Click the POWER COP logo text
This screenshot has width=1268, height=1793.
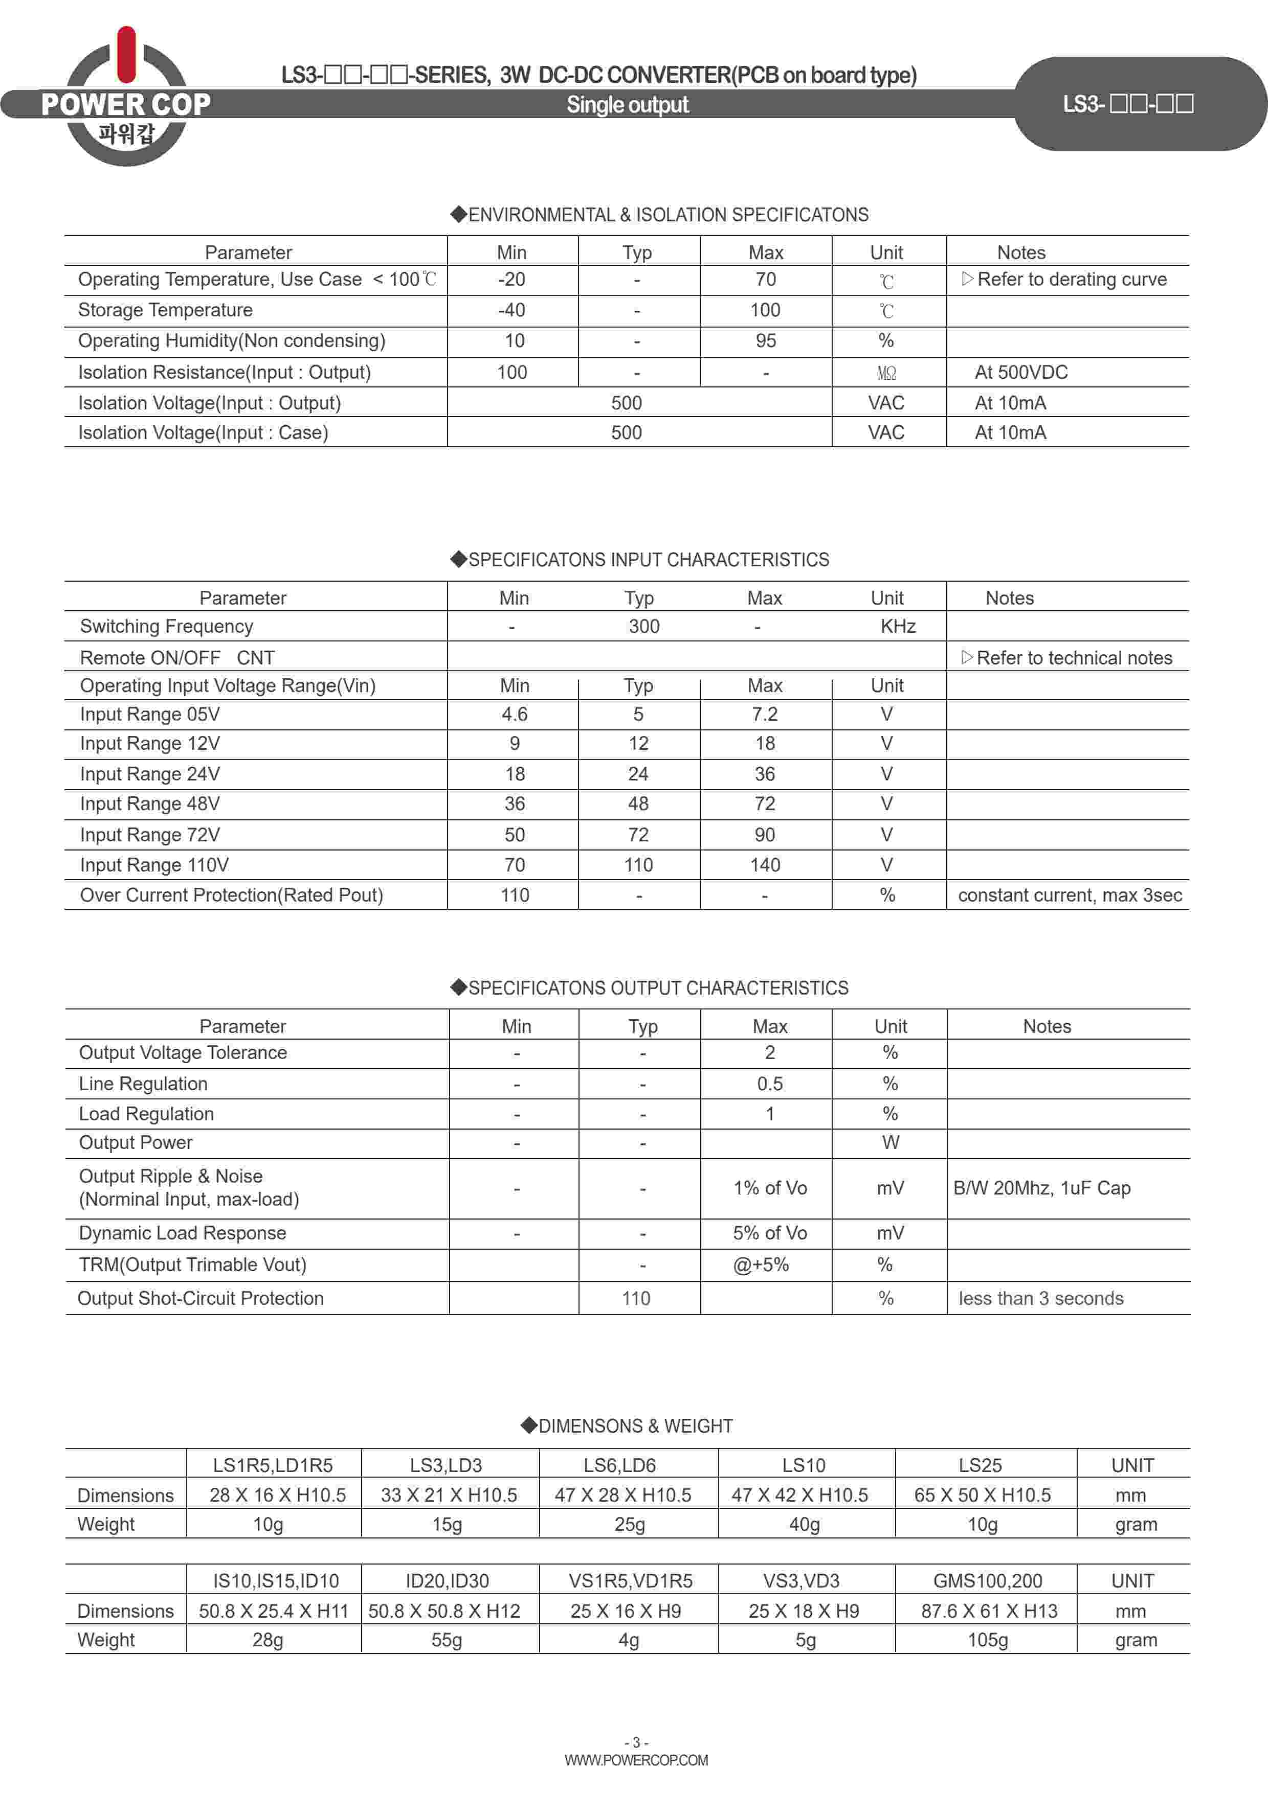[126, 104]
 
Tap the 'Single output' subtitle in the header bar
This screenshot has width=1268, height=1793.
[628, 105]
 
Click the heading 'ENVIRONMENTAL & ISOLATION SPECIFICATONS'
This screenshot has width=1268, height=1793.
[660, 215]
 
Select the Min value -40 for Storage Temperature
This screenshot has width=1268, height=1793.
[511, 310]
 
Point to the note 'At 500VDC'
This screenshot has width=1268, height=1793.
[1020, 373]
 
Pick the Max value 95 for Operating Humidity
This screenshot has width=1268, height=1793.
[766, 341]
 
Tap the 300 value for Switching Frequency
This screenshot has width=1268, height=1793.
[644, 626]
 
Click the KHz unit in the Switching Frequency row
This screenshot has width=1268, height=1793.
[898, 626]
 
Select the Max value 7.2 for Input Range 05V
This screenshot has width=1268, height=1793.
[765, 715]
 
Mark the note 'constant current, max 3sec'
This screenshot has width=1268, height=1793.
[1070, 895]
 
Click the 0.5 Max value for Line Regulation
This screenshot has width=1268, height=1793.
[770, 1084]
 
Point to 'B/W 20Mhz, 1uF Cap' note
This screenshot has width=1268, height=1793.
[1041, 1188]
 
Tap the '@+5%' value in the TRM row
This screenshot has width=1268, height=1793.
[760, 1265]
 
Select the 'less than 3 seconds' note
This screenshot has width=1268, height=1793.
[1041, 1299]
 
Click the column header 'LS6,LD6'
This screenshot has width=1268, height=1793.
[619, 1466]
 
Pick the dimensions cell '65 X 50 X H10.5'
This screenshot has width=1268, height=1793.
[982, 1496]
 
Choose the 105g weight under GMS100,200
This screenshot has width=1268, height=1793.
[988, 1640]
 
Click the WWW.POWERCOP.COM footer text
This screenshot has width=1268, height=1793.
[636, 1760]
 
